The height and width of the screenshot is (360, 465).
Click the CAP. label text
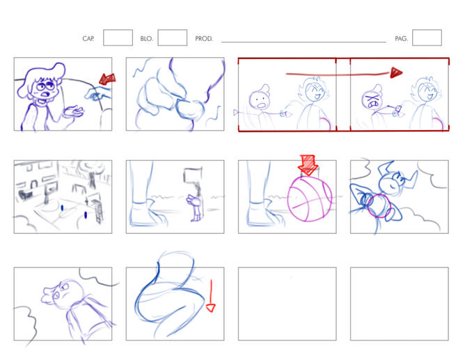[x=88, y=38]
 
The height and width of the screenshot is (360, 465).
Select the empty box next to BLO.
[x=173, y=38]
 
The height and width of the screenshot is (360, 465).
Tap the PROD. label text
[x=204, y=38]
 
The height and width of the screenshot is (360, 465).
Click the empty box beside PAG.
[x=427, y=38]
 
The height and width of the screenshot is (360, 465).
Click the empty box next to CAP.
[x=118, y=38]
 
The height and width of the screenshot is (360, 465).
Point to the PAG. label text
[x=401, y=38]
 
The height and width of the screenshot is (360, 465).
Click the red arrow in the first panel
[x=107, y=79]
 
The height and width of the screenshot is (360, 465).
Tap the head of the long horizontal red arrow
[x=396, y=72]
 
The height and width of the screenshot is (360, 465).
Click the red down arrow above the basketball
[x=308, y=165]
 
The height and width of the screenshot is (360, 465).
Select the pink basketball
[x=309, y=198]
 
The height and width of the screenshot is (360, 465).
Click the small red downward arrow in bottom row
[x=211, y=296]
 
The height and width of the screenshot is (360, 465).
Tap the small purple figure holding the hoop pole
[x=195, y=208]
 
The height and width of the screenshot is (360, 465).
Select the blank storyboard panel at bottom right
[x=400, y=304]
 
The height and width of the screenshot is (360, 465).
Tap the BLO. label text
[x=146, y=38]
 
